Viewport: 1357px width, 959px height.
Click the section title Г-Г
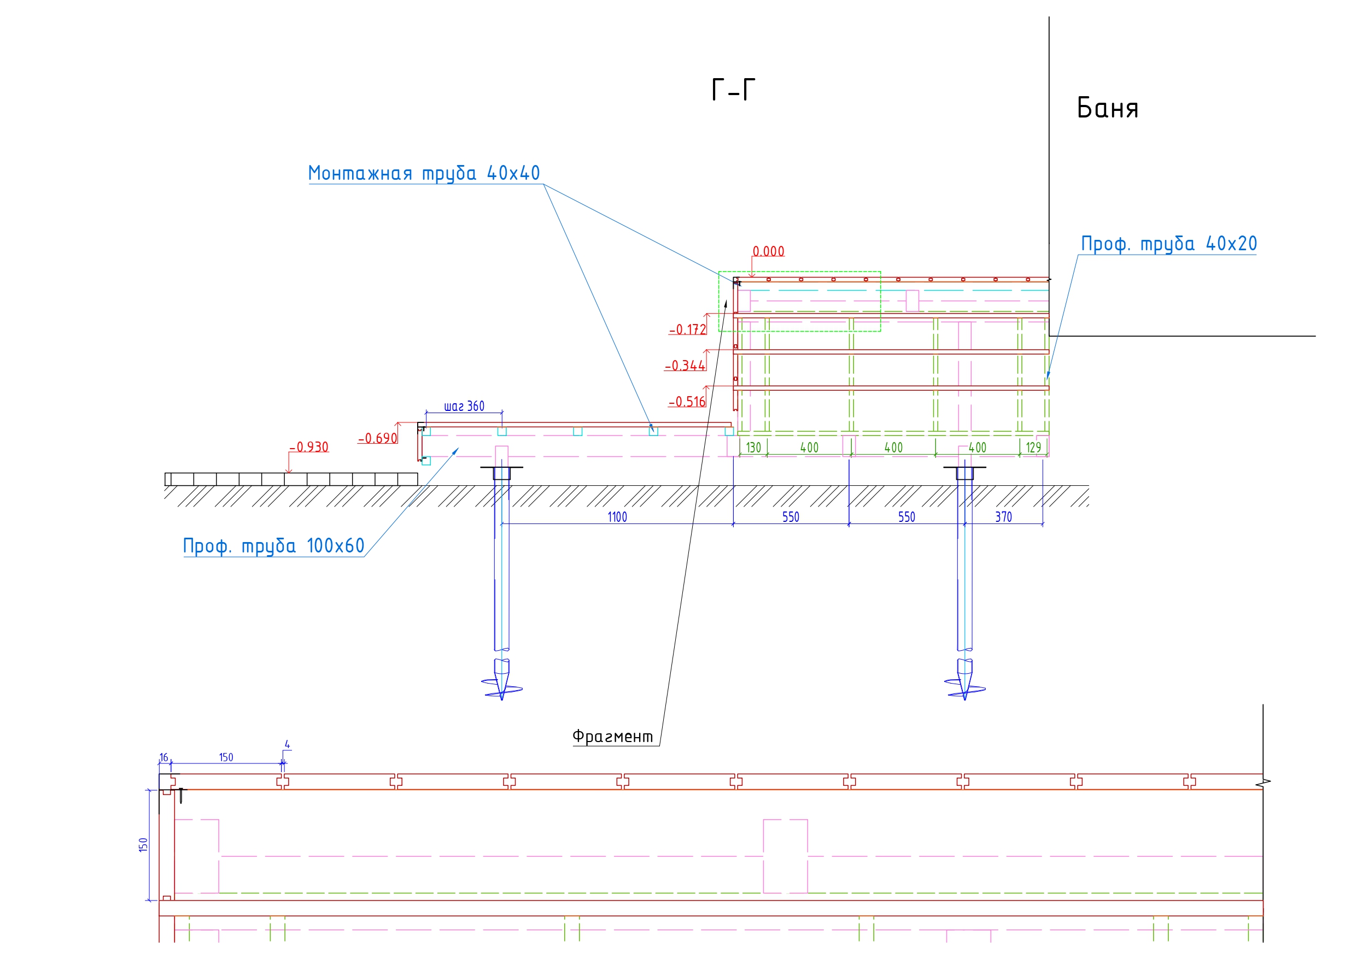[x=733, y=90]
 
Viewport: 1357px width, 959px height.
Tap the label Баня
[x=1107, y=109]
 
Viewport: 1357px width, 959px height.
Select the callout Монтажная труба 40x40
[x=424, y=173]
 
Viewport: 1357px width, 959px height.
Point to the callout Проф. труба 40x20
[x=1168, y=244]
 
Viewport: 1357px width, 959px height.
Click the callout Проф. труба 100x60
[x=274, y=546]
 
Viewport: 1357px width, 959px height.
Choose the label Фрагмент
[x=612, y=737]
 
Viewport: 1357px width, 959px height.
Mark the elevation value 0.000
[x=768, y=252]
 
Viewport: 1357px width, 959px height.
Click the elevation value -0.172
[x=687, y=330]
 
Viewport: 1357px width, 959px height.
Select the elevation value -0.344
[x=685, y=366]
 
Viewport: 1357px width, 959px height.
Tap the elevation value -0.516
[x=687, y=402]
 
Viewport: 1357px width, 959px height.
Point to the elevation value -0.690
[x=377, y=438]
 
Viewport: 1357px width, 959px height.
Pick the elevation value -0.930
[x=308, y=448]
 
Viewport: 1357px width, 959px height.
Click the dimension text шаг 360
[x=464, y=407]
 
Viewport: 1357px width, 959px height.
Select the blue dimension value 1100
[x=617, y=517]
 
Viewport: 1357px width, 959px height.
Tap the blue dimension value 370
[x=1003, y=517]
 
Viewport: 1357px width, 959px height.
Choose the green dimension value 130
[x=753, y=448]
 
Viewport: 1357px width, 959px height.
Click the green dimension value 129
[x=1033, y=448]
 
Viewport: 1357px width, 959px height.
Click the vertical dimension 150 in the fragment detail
[x=143, y=844]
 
